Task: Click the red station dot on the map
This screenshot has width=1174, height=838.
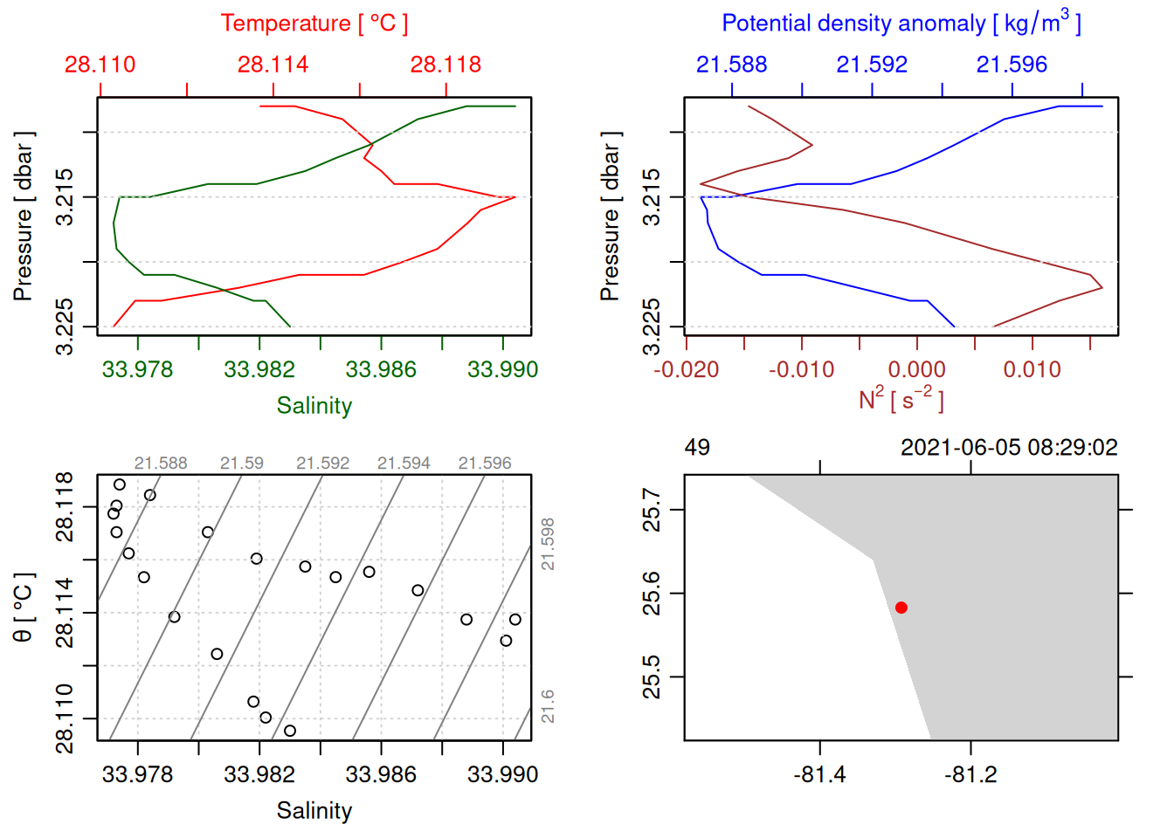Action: [x=901, y=608]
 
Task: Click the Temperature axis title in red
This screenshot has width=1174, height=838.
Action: [x=314, y=24]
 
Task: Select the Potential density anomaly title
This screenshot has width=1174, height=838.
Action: [x=901, y=24]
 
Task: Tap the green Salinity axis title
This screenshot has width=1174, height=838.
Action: [x=314, y=406]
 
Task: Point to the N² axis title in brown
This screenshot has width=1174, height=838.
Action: [x=901, y=399]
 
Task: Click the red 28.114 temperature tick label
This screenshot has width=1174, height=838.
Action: [x=273, y=65]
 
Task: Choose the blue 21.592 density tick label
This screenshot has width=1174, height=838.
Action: [x=872, y=65]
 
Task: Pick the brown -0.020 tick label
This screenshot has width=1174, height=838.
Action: [x=687, y=370]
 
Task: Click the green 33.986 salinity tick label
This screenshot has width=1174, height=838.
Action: [x=381, y=370]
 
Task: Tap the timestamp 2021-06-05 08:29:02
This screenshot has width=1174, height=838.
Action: [x=1009, y=448]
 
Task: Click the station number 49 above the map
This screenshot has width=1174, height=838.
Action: [x=697, y=448]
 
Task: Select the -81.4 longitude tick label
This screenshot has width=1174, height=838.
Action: [x=819, y=775]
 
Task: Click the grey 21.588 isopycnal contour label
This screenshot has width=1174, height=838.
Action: [x=161, y=464]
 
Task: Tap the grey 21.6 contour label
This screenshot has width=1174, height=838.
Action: [x=547, y=706]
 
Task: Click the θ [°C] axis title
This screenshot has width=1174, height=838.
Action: [x=24, y=608]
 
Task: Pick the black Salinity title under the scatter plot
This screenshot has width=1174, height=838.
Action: [x=314, y=811]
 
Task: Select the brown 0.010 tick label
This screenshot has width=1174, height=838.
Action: [x=1032, y=370]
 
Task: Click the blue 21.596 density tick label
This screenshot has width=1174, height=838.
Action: [x=1012, y=65]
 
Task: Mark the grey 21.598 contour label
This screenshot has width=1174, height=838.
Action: [x=547, y=545]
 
